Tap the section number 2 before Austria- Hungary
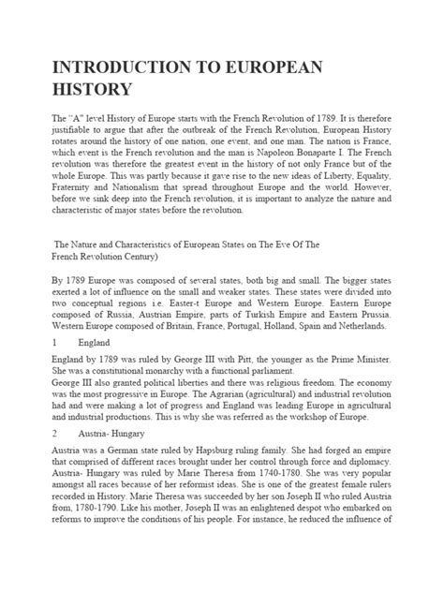(x=54, y=460)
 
